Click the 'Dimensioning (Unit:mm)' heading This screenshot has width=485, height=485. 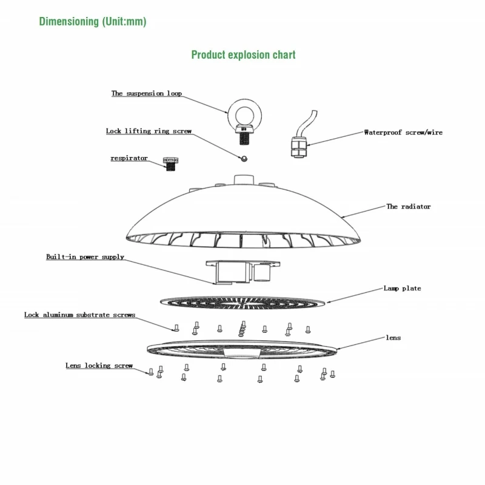click(x=93, y=22)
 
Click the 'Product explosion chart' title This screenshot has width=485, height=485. click(x=243, y=55)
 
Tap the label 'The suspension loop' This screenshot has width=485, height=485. click(x=146, y=93)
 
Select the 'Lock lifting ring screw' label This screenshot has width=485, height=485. click(x=149, y=131)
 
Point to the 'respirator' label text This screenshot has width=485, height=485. click(x=129, y=158)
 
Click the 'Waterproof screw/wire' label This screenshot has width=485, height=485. click(x=403, y=132)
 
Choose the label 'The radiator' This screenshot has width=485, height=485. click(x=409, y=207)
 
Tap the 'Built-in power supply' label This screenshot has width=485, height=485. click(x=85, y=257)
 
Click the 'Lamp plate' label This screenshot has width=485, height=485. click(x=402, y=289)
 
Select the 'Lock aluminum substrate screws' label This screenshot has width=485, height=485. click(x=79, y=315)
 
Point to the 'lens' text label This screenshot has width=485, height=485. click(x=393, y=337)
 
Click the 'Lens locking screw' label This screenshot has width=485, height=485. click(x=99, y=366)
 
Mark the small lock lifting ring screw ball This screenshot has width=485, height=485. click(x=242, y=158)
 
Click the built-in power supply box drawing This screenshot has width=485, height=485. click(x=241, y=272)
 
